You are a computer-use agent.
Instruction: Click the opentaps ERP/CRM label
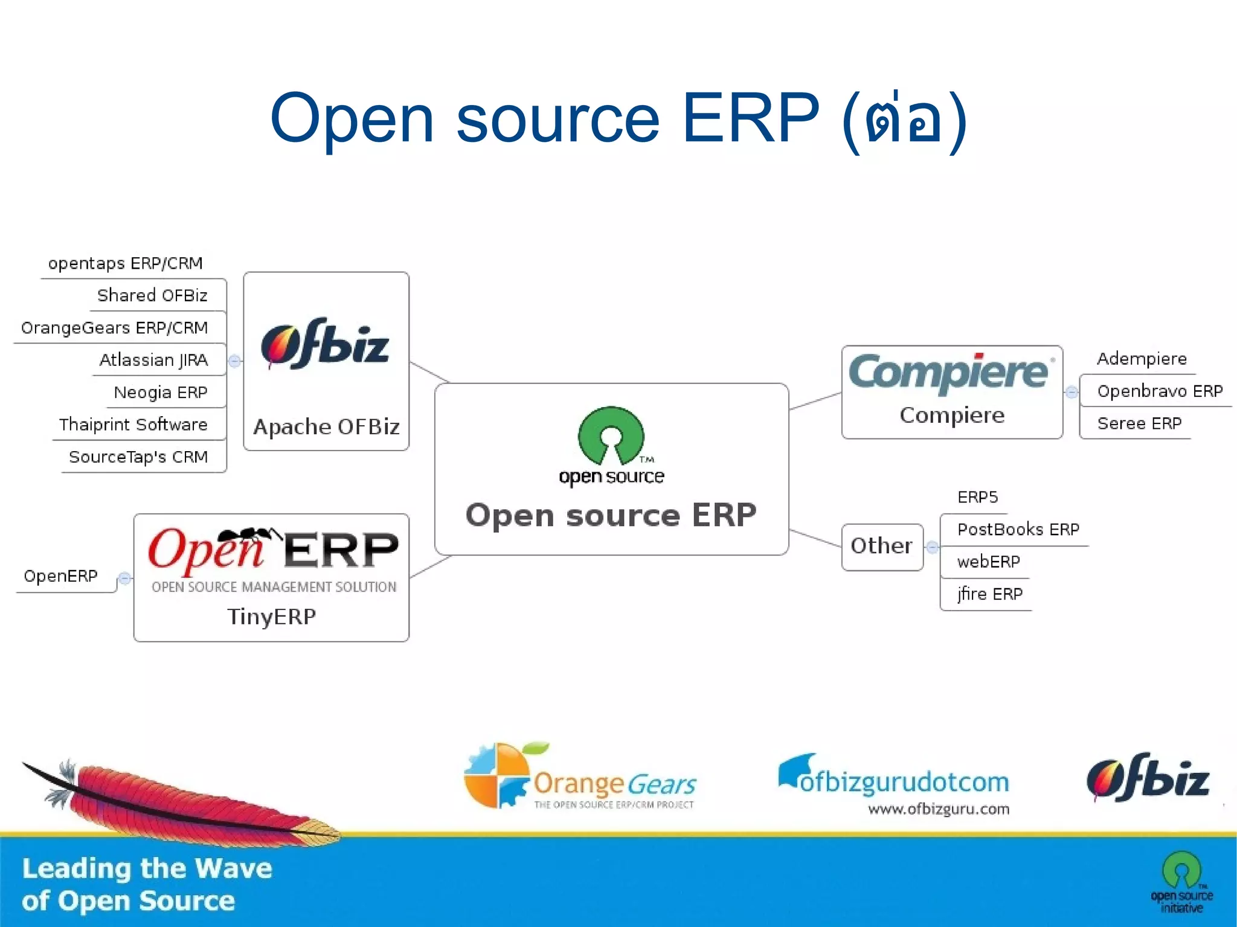[x=125, y=263]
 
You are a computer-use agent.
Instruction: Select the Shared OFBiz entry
[x=152, y=295]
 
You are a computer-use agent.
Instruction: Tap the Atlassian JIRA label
[x=153, y=360]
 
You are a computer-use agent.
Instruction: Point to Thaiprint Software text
[x=133, y=425]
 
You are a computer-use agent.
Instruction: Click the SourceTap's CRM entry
[x=138, y=457]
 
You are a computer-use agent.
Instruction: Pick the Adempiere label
[x=1142, y=359]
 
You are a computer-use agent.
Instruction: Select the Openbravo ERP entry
[x=1160, y=391]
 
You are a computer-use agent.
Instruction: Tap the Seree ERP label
[x=1139, y=423]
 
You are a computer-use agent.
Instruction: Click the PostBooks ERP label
[x=1018, y=530]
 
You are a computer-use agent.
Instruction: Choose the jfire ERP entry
[x=989, y=594]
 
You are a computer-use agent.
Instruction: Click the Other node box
[x=882, y=546]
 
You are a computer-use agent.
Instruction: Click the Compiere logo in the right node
[x=949, y=372]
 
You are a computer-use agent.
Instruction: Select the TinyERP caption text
[x=271, y=617]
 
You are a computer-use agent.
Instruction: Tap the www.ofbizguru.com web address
[x=938, y=809]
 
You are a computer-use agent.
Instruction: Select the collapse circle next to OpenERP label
[x=124, y=579]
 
